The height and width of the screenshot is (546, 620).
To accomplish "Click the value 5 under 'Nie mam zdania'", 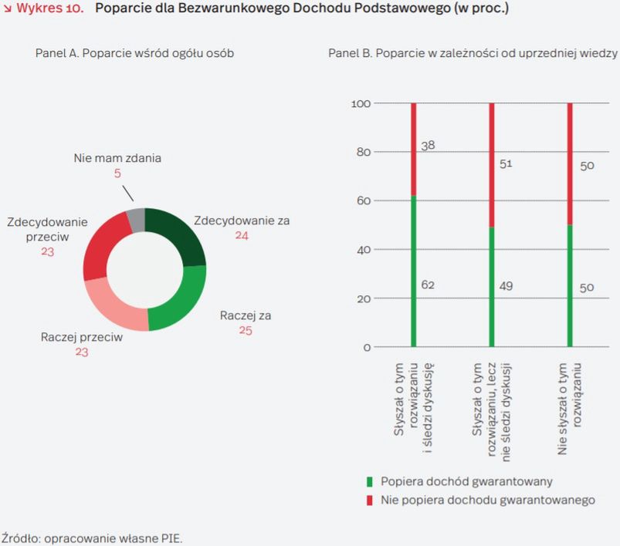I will (117, 174).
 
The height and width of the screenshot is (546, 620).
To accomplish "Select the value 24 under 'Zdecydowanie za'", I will (242, 234).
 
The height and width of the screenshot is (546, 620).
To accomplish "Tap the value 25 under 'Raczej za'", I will (245, 330).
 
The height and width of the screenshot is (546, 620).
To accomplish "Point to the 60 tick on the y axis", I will (364, 201).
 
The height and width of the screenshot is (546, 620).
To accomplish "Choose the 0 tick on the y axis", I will (368, 347).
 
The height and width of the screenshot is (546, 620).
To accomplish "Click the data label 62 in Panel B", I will (429, 285).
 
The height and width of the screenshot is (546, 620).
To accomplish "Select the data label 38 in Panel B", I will (429, 145).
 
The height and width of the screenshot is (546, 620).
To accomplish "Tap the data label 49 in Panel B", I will (506, 285).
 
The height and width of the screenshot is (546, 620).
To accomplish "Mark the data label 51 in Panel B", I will (506, 163).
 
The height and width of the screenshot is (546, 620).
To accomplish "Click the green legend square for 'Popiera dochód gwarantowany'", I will (370, 482).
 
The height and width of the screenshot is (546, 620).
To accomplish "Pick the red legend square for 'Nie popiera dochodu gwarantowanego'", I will (370, 500).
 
